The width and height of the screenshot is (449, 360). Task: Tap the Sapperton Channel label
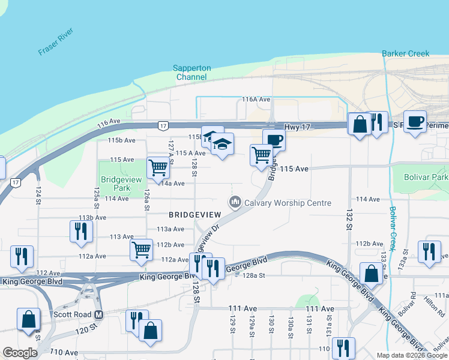click(x=192, y=73)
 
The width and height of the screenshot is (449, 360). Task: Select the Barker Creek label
click(x=406, y=53)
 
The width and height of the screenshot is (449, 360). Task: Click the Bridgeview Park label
click(x=116, y=184)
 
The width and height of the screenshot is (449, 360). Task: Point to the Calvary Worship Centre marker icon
click(x=235, y=203)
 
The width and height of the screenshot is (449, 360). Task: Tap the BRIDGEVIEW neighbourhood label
click(x=194, y=214)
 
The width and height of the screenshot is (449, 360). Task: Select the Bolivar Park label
click(x=426, y=178)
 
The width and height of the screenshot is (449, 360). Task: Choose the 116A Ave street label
click(x=256, y=99)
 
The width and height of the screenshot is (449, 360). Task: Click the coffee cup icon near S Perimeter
click(x=415, y=122)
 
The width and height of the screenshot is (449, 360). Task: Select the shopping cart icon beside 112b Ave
click(x=141, y=249)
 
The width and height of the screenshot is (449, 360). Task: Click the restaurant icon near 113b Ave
click(x=81, y=231)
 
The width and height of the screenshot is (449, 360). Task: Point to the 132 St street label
click(x=349, y=220)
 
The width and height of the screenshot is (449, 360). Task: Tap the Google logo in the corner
click(x=20, y=353)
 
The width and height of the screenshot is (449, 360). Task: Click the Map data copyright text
click(x=412, y=355)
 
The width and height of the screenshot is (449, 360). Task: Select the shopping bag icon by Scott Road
click(x=28, y=319)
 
